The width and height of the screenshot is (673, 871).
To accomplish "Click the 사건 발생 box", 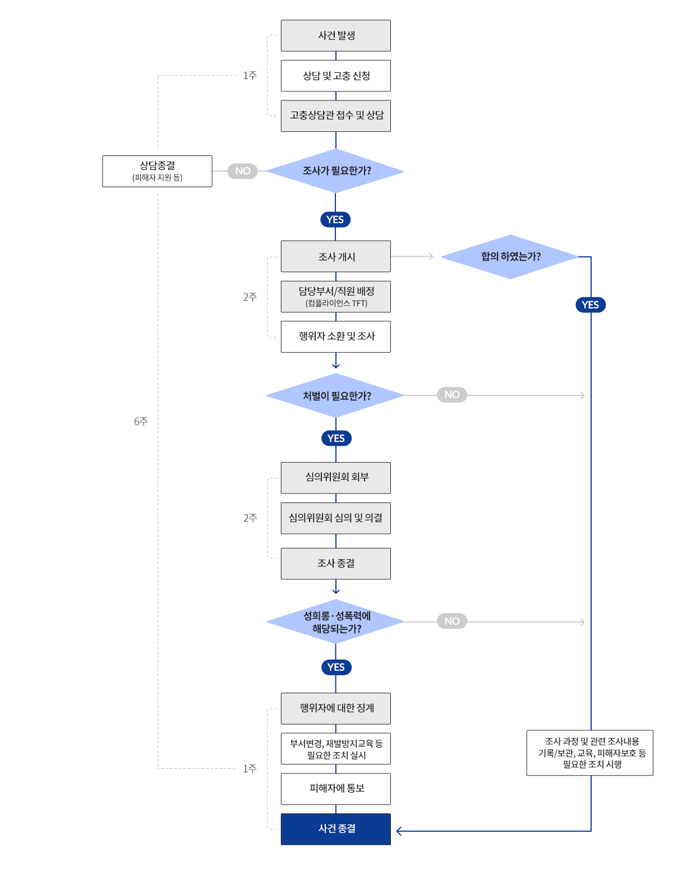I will (335, 35).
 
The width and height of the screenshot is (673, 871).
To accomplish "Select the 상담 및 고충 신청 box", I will (335, 76).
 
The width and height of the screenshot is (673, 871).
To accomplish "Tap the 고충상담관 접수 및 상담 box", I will (335, 116).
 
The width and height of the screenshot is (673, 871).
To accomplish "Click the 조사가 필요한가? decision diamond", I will (335, 171).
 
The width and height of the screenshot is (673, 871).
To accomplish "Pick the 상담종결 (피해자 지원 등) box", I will (157, 171).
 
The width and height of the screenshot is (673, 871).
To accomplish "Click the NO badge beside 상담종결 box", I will (242, 171).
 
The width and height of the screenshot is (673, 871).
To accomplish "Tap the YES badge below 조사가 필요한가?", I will (335, 219).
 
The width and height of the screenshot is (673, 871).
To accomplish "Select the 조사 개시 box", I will (335, 256).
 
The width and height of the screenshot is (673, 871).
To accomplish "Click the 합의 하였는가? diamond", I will (510, 257).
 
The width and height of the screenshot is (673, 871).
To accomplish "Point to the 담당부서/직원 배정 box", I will (335, 297).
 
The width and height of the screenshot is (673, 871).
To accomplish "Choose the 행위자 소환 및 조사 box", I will (335, 337).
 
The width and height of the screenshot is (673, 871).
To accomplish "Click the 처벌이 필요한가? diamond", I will (335, 395).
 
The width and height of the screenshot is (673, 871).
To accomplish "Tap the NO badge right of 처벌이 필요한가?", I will (452, 395).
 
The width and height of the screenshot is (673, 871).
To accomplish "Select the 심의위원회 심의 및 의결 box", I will (335, 518).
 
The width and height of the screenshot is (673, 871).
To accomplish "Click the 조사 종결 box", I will (335, 564).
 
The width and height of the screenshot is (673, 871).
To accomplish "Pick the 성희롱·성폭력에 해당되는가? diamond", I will (335, 622).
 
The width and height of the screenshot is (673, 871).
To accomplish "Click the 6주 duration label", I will (141, 421).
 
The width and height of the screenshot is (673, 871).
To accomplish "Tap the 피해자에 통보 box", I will (335, 789).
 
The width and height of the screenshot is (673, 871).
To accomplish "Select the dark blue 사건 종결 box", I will (335, 829).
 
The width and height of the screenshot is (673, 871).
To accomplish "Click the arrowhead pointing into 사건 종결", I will (399, 831).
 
